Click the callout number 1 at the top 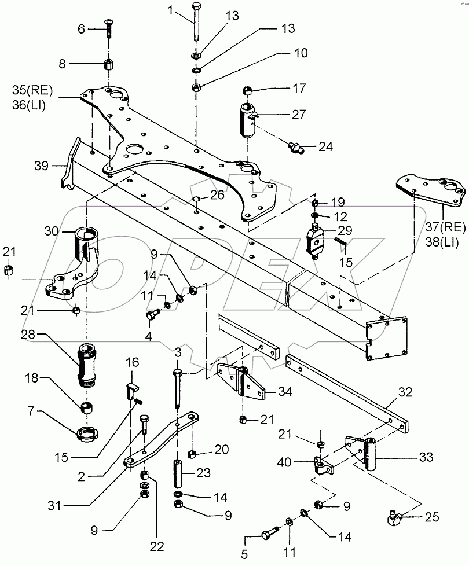[x=170, y=10]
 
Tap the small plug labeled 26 [x=196, y=201]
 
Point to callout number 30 [x=52, y=230]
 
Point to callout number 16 [x=133, y=363]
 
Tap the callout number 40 [x=300, y=462]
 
